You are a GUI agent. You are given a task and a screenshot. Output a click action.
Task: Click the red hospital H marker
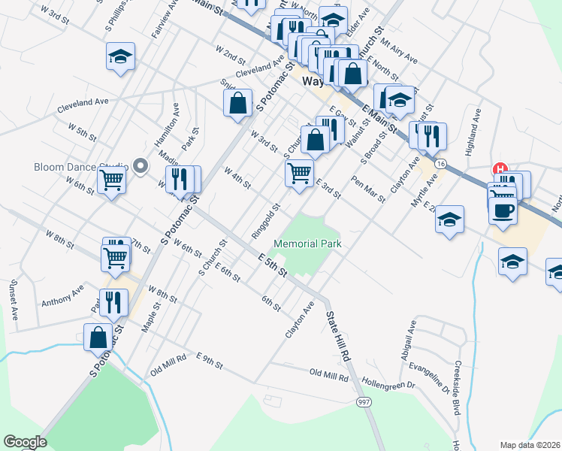(500, 170)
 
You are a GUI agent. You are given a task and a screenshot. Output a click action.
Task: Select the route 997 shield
(364, 404)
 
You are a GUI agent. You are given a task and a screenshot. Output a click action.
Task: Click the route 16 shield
(440, 163)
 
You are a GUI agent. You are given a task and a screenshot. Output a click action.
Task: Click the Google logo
(24, 442)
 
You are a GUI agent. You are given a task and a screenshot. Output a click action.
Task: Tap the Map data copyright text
(530, 444)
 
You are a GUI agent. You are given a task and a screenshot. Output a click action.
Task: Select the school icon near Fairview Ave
(120, 57)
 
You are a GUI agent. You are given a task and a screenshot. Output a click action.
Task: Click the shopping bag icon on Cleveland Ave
(237, 104)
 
